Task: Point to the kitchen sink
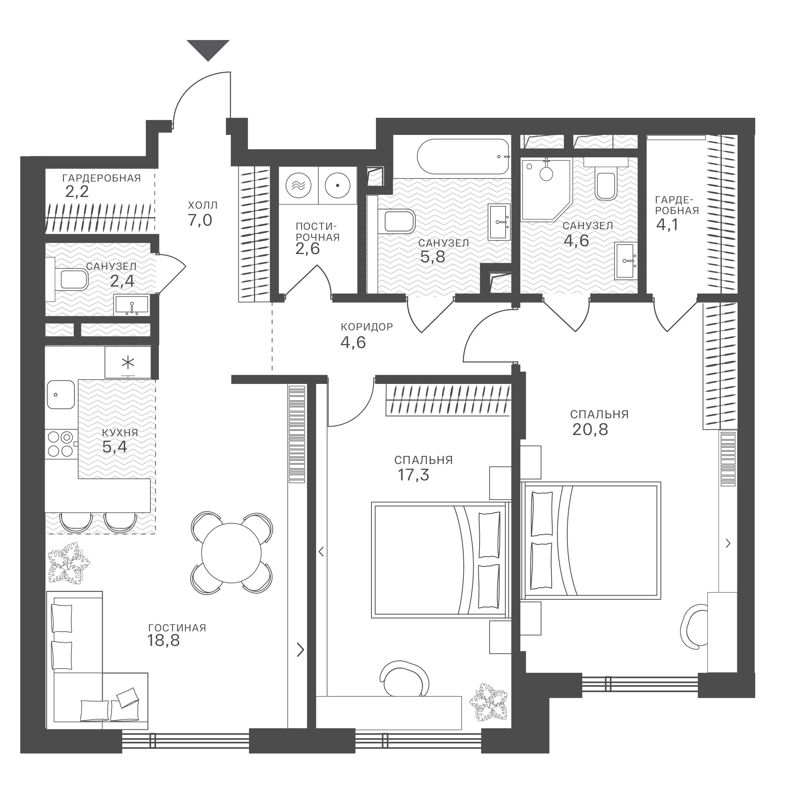coord(61,394)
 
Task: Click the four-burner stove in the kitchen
coord(61,444)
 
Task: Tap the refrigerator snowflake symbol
coord(128,362)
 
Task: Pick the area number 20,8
coord(590,430)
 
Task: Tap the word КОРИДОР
coord(367,327)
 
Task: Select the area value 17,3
coord(413,475)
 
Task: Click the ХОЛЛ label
coord(203,205)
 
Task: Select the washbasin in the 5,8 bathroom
coord(499,222)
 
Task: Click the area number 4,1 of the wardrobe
coord(667,224)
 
